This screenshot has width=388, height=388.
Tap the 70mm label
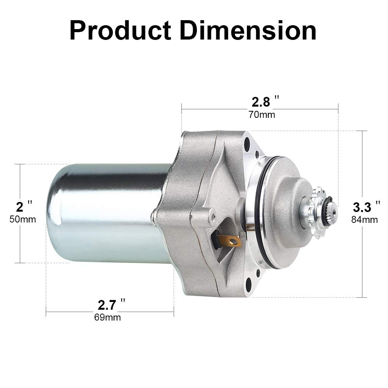click(262, 115)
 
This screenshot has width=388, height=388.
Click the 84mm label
click(364, 220)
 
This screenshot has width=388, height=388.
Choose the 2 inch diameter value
click(19, 206)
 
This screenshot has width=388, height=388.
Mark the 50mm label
click(22, 219)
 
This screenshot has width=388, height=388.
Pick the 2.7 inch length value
click(107, 305)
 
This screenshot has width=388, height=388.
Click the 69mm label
click(107, 317)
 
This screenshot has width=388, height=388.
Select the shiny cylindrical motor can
click(105, 213)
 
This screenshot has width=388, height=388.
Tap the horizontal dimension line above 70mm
click(217, 109)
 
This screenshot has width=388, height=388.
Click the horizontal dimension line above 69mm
click(70, 312)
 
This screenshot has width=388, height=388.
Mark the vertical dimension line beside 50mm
click(20, 244)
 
